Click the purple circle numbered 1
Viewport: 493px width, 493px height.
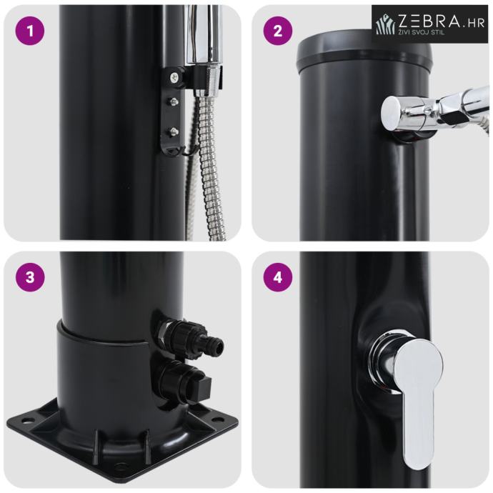coord(30,31)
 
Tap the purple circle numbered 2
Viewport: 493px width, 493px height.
coord(278,31)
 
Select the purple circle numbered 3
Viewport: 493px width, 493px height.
coord(30,278)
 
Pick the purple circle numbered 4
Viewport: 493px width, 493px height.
coord(278,278)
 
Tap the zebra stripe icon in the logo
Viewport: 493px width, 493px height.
coord(386,24)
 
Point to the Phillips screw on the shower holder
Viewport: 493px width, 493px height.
coord(174,76)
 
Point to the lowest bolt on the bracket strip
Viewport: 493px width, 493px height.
coord(173,131)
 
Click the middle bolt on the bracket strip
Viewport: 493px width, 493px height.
coord(173,101)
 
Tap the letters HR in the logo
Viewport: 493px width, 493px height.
coord(477,24)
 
